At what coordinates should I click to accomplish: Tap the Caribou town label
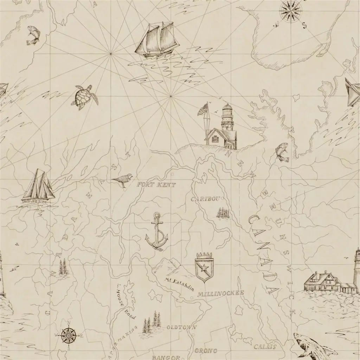[x=205, y=199]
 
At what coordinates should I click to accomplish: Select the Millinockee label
[x=220, y=293]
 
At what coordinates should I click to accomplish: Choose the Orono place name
[x=206, y=351]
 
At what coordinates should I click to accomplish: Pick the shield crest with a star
[x=204, y=266]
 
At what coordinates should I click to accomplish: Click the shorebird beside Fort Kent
[x=123, y=180]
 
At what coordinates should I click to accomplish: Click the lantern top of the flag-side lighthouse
[x=227, y=107]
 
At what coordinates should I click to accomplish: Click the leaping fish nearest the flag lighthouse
[x=282, y=152]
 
